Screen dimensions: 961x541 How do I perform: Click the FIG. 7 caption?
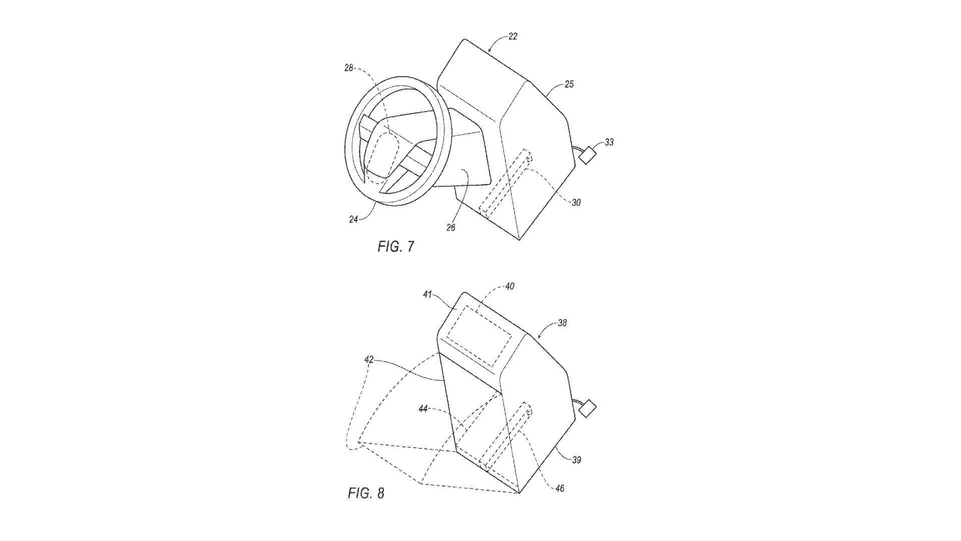(396, 247)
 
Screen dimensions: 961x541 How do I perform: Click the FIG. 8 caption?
(366, 493)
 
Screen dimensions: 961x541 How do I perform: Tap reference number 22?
(513, 37)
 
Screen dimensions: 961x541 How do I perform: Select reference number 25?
(569, 84)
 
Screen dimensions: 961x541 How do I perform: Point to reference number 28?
(349, 68)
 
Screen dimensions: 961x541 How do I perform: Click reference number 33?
(609, 143)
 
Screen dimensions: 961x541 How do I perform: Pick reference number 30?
(576, 203)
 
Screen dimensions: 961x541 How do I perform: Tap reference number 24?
(354, 219)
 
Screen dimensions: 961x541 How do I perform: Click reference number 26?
(451, 227)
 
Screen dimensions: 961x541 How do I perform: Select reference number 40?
(510, 287)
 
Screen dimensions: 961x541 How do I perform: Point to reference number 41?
(427, 295)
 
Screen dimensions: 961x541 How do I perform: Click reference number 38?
(562, 323)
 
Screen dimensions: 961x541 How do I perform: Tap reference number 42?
(369, 360)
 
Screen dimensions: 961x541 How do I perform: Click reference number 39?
(576, 459)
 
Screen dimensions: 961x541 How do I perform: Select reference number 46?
(560, 488)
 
